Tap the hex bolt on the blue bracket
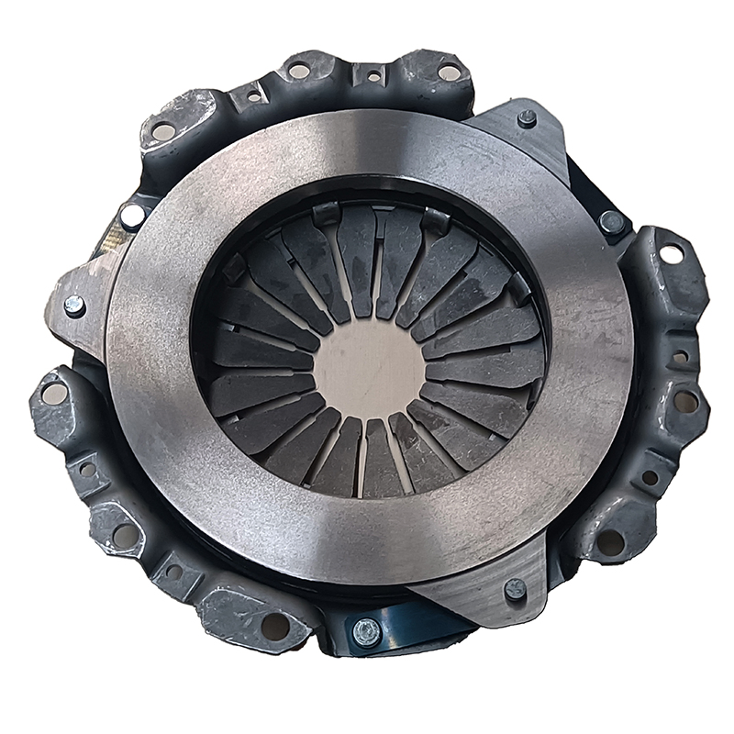[366, 631]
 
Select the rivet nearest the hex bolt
[516, 588]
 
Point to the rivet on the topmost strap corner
[527, 117]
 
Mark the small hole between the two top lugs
[373, 78]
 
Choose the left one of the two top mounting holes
[299, 71]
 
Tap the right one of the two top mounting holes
[449, 71]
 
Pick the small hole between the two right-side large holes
[680, 356]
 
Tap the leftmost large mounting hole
[54, 394]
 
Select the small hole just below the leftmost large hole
[88, 469]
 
